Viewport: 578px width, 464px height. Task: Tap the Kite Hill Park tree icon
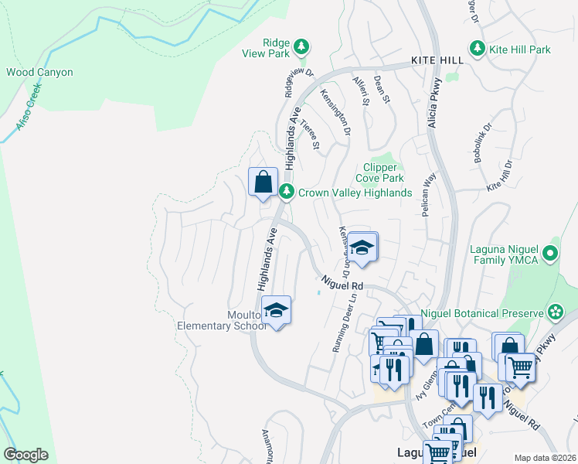pyautogui.click(x=478, y=49)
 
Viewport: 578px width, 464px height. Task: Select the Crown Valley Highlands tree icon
pyautogui.click(x=287, y=192)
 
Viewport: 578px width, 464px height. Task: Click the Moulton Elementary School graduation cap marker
pyautogui.click(x=276, y=311)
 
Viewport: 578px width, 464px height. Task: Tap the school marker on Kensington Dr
pyautogui.click(x=361, y=248)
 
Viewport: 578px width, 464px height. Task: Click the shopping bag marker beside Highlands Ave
pyautogui.click(x=263, y=183)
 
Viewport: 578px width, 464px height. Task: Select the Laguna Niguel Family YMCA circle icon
pyautogui.click(x=550, y=253)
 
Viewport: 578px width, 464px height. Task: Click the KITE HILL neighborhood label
pyautogui.click(x=437, y=60)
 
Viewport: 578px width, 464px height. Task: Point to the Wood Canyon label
pyautogui.click(x=39, y=72)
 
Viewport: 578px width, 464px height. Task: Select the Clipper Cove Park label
pyautogui.click(x=381, y=172)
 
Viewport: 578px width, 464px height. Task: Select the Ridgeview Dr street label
pyautogui.click(x=299, y=84)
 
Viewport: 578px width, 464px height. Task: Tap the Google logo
pyautogui.click(x=25, y=455)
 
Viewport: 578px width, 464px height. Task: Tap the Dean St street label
pyautogui.click(x=380, y=90)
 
